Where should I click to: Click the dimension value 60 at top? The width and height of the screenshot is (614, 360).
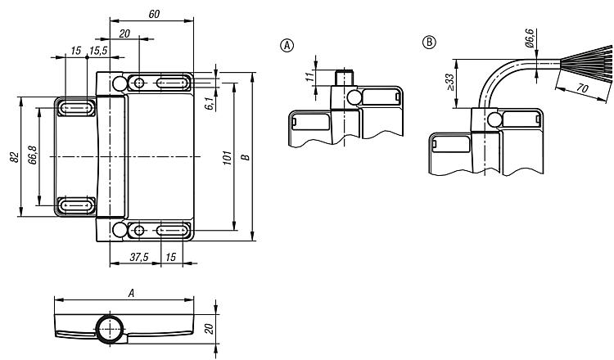coord(154,14)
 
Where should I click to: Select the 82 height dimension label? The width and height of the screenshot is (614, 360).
coord(14,157)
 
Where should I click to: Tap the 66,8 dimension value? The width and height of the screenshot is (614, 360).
coord(33,155)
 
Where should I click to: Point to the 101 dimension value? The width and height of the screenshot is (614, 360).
coord(228,157)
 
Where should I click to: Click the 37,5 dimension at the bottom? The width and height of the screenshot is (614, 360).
coord(139,257)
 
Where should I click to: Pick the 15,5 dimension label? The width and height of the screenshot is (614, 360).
coord(98,51)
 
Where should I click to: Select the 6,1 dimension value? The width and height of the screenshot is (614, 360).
coord(210,103)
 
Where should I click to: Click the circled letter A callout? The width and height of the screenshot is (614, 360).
coord(287,45)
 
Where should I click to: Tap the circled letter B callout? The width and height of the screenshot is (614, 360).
coord(429,42)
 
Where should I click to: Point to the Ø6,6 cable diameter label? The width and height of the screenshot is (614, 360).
coord(529,38)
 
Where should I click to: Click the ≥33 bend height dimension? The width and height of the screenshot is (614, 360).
coord(450,82)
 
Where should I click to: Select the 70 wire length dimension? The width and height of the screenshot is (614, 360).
coord(583,88)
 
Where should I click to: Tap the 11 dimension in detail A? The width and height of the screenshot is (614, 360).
coord(310,77)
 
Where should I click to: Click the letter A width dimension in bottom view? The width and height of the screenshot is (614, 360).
coord(132,294)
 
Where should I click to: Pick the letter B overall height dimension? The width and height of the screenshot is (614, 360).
coord(246,157)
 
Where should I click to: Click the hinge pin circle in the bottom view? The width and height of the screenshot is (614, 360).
coord(111,330)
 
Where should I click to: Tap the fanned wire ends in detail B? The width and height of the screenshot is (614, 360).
coord(586,63)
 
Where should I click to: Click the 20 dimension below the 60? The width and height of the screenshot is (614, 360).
coord(124,34)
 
